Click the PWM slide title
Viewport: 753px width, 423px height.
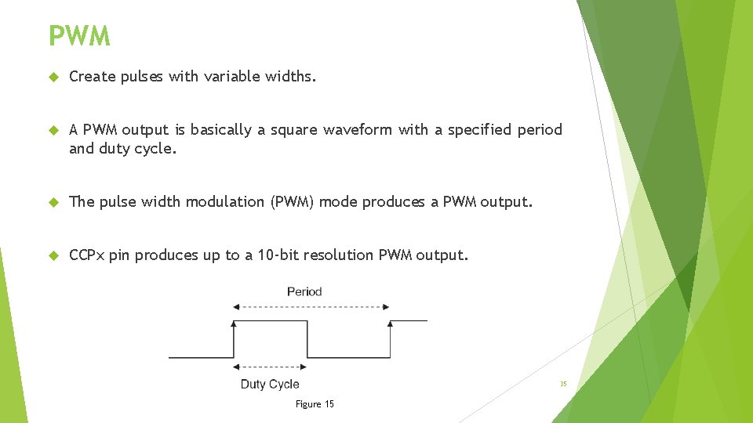point(79,36)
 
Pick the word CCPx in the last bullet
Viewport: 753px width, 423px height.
point(87,255)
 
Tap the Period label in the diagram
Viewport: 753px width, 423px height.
point(304,291)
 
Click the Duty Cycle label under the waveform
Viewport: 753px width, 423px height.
point(270,384)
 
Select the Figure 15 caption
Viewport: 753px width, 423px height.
point(315,404)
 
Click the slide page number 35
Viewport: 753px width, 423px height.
point(563,384)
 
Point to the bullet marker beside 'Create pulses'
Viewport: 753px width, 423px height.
point(53,77)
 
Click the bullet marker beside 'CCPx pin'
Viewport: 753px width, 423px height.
point(53,255)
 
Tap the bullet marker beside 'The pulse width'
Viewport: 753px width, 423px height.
point(53,202)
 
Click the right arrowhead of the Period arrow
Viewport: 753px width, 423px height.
point(386,307)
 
